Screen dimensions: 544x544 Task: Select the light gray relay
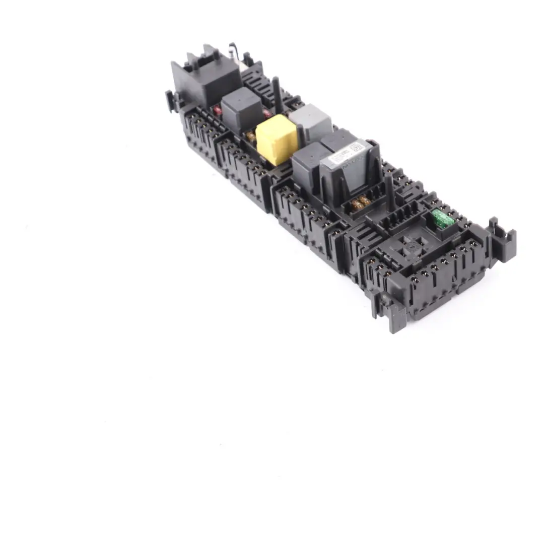click(x=310, y=121)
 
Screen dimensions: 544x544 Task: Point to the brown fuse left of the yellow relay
click(x=250, y=136)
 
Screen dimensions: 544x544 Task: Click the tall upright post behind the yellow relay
click(x=277, y=96)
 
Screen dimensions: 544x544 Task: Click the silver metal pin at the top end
click(x=233, y=50)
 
